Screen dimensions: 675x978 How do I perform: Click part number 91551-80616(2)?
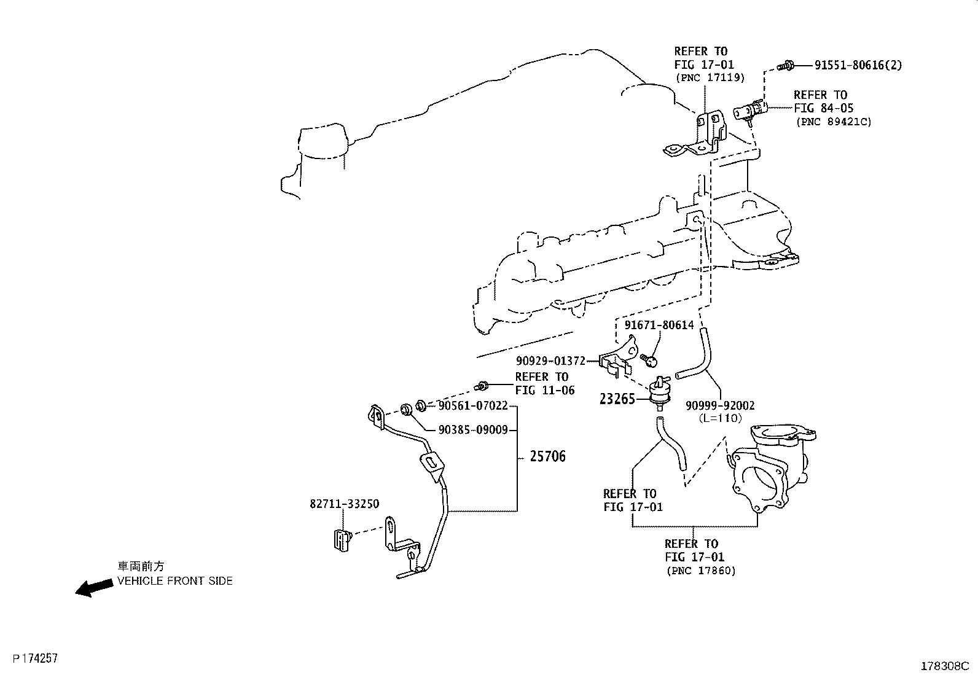858,65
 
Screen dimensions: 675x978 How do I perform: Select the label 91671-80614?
659,325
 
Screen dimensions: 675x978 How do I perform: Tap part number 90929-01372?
550,361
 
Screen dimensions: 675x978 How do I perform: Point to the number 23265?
617,399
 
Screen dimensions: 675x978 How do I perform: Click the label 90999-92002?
720,405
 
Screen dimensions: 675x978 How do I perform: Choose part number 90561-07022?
473,405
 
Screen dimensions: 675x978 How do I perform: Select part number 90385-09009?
473,430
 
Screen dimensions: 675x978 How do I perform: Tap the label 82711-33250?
344,504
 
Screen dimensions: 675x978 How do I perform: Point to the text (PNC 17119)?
710,78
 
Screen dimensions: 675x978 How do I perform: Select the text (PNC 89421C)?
834,122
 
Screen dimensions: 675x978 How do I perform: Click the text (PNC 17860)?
700,571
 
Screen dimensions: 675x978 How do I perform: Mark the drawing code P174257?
31,658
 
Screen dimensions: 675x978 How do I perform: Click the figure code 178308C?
944,666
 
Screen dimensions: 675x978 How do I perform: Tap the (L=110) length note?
720,418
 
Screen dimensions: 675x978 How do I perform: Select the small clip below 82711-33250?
341,540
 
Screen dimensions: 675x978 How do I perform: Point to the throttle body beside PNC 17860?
765,470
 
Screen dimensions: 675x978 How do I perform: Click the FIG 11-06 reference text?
545,390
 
